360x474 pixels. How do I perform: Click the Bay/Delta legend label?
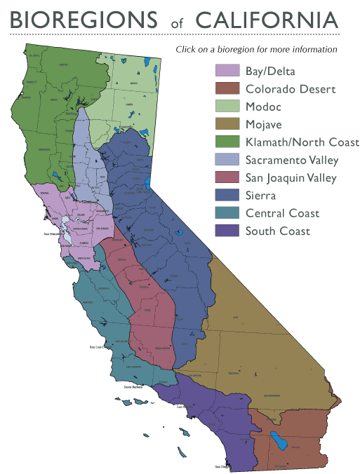coord(270,71)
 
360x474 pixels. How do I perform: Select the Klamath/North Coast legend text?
coord(302,142)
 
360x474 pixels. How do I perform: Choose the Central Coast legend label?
coord(282,213)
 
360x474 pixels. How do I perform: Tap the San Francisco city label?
coord(53,233)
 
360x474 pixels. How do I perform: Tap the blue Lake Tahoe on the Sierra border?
coord(148,186)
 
